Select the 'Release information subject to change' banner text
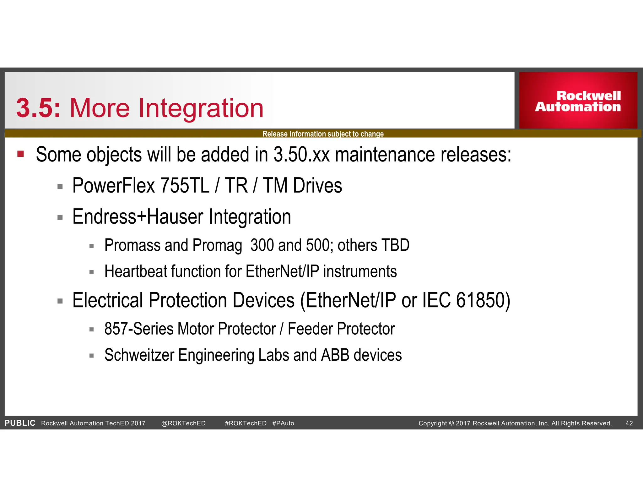[323, 134]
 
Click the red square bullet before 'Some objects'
[21, 154]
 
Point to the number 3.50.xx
[301, 155]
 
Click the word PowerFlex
[114, 185]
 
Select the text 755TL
[185, 185]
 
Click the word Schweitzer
[139, 355]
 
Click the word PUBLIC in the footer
[20, 423]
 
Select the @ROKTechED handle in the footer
[183, 423]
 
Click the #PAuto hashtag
[283, 423]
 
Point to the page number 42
[629, 423]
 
